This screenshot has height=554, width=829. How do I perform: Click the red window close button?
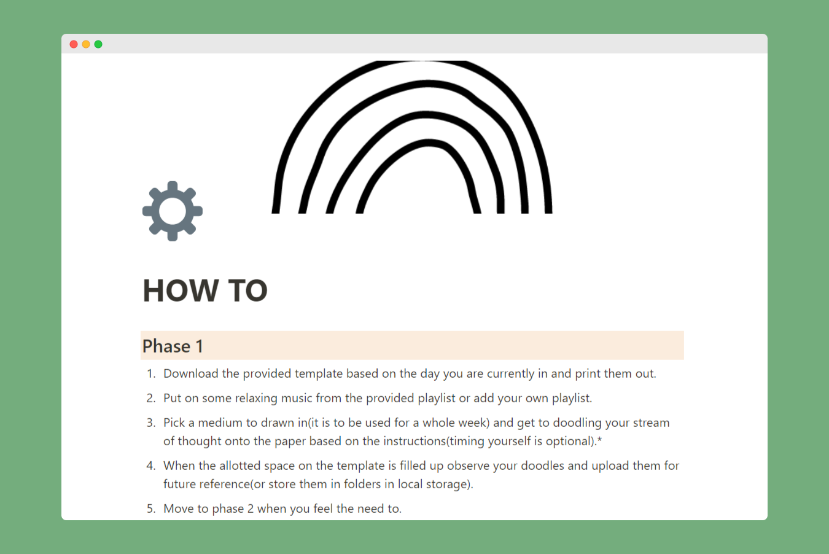pyautogui.click(x=74, y=44)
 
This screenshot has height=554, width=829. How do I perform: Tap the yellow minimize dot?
pyautogui.click(x=86, y=44)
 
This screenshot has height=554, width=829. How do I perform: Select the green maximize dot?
pyautogui.click(x=98, y=44)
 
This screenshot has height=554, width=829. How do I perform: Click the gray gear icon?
pyautogui.click(x=173, y=211)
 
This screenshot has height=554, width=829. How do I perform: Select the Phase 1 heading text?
pyautogui.click(x=173, y=346)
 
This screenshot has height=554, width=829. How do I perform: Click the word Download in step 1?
pyautogui.click(x=191, y=373)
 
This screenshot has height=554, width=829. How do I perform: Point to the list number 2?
pyautogui.click(x=150, y=398)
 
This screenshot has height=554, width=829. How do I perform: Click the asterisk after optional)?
pyautogui.click(x=599, y=440)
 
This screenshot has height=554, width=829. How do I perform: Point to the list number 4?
pyautogui.click(x=150, y=466)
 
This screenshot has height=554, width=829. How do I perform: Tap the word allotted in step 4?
pyautogui.click(x=240, y=466)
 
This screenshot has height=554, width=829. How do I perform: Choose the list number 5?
pyautogui.click(x=150, y=509)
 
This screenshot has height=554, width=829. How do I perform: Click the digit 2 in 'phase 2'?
pyautogui.click(x=251, y=509)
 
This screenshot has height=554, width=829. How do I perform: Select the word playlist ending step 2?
pyautogui.click(x=572, y=398)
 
